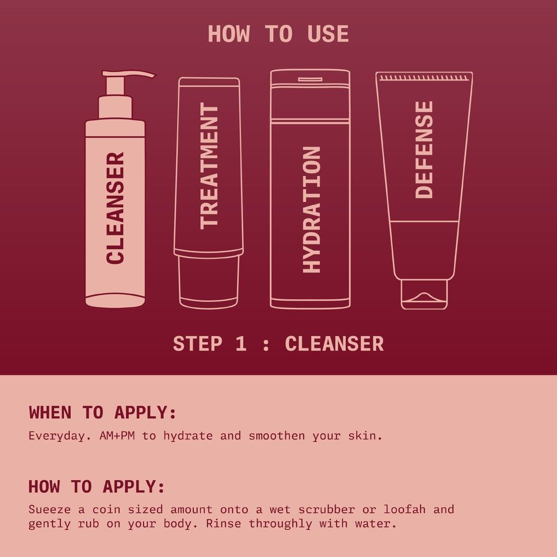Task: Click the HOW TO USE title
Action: (278, 34)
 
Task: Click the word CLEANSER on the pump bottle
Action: (115, 208)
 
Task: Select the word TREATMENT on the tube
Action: (209, 165)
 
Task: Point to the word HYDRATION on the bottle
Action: (311, 209)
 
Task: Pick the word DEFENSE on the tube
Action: (424, 150)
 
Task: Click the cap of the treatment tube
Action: (209, 282)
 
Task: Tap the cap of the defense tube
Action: (424, 294)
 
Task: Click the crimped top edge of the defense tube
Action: (424, 78)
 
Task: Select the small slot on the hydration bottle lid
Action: (310, 79)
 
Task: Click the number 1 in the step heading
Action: (241, 344)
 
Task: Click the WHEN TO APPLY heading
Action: (103, 412)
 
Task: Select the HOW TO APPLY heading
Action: (96, 486)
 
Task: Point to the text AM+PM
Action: (118, 436)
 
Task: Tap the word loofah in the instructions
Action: (405, 510)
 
